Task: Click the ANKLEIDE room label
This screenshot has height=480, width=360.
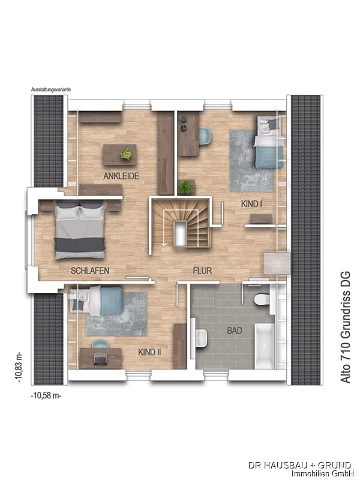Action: tap(121, 176)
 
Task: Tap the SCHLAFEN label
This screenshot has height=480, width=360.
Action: tap(90, 271)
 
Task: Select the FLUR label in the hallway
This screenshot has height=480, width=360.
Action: tap(202, 271)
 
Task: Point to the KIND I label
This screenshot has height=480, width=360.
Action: tap(251, 203)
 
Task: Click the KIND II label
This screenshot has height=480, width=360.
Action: tap(149, 352)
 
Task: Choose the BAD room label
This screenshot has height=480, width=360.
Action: tap(235, 331)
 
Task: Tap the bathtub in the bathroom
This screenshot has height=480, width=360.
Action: tap(264, 346)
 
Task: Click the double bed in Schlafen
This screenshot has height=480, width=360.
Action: tap(80, 230)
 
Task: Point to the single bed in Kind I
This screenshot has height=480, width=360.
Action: tap(269, 142)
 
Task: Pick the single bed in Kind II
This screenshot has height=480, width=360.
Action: tap(96, 300)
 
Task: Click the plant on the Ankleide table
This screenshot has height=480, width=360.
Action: tap(126, 154)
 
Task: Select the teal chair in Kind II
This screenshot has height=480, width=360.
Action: tap(101, 344)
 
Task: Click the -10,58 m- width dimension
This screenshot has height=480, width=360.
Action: tap(46, 395)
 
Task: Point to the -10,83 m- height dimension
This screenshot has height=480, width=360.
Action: tap(19, 367)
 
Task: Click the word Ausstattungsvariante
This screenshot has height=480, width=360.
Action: tap(51, 89)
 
